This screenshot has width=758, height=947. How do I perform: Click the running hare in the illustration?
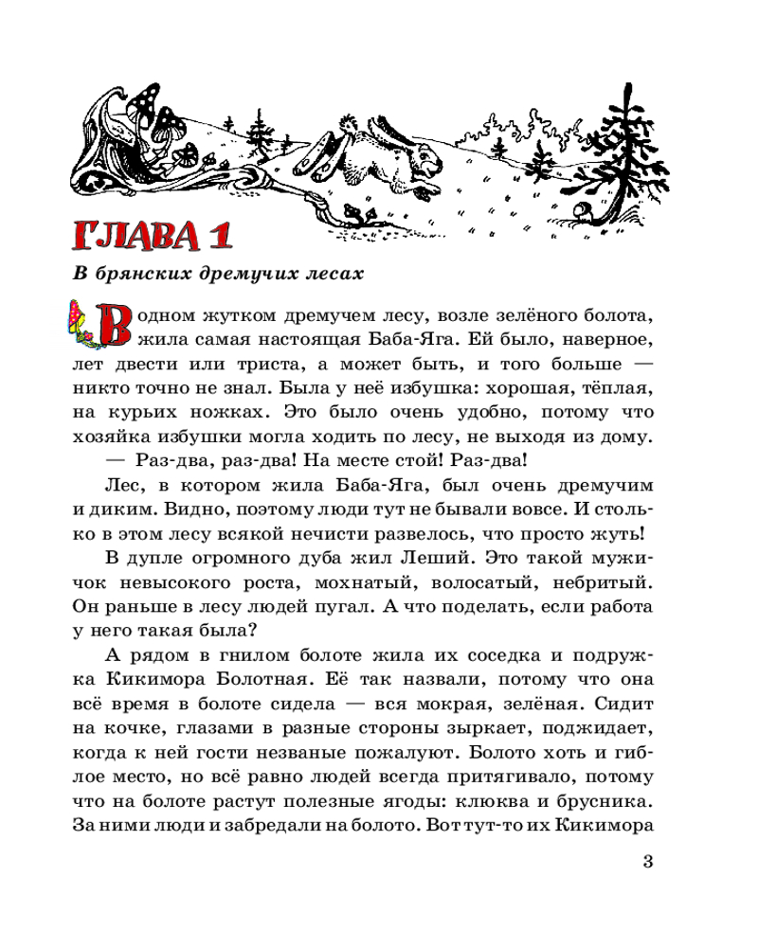pos(374,152)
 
